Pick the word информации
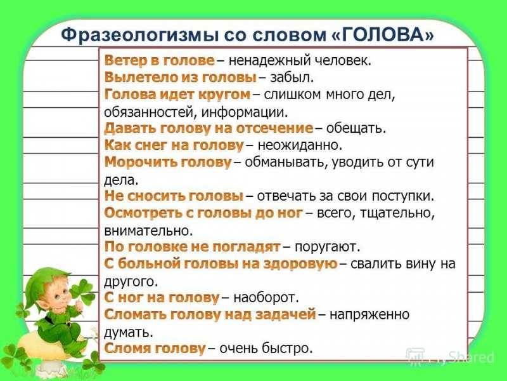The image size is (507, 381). pyautogui.click(x=244, y=112)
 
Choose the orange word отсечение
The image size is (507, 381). pyautogui.click(x=274, y=128)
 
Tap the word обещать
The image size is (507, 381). pyautogui.click(x=356, y=128)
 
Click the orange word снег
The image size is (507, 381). pyautogui.click(x=150, y=145)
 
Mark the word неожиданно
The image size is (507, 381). pyautogui.click(x=300, y=145)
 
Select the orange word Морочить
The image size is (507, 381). pyautogui.click(x=140, y=162)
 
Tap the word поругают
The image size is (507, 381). pyautogui.click(x=327, y=247)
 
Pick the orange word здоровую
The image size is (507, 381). pyautogui.click(x=300, y=264)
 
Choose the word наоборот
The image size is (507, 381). pyautogui.click(x=266, y=297)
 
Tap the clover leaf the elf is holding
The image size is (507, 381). pyautogui.click(x=83, y=291)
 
